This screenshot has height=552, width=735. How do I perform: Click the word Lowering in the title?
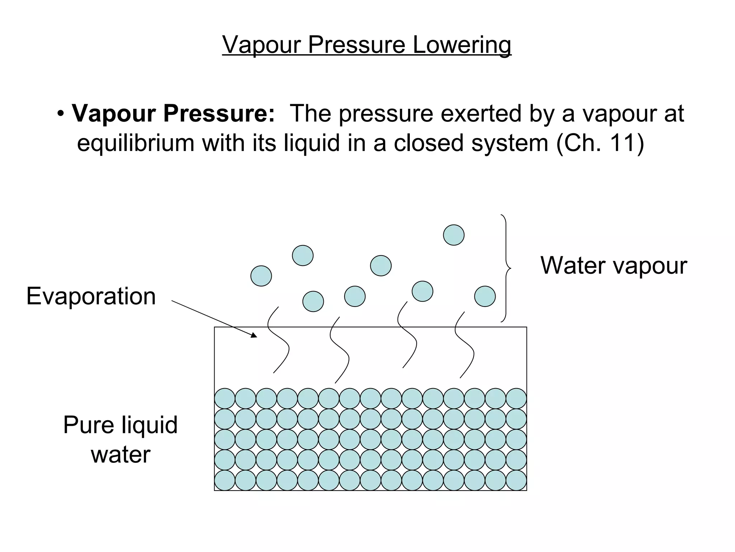(x=462, y=45)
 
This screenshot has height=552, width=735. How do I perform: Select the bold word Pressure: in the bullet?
(x=219, y=114)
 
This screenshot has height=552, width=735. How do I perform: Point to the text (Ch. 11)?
(x=600, y=143)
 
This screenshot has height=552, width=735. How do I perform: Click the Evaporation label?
(x=91, y=296)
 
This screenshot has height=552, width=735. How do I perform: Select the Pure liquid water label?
(x=121, y=439)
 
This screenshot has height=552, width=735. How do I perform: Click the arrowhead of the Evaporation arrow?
(x=254, y=336)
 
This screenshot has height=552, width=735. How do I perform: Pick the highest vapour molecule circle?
(x=454, y=235)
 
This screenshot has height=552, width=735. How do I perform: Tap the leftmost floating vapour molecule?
(x=261, y=276)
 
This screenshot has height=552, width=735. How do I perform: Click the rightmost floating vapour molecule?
(x=485, y=296)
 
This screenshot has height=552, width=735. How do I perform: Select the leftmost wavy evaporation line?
(x=278, y=340)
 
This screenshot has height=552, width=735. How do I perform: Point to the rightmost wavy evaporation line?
(x=464, y=345)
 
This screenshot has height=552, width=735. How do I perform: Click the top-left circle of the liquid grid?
(x=225, y=399)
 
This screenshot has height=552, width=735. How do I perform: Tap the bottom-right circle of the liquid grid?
(x=516, y=480)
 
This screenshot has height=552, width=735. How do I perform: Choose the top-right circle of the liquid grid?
(x=516, y=399)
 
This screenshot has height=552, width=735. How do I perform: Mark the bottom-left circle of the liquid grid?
(x=225, y=480)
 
